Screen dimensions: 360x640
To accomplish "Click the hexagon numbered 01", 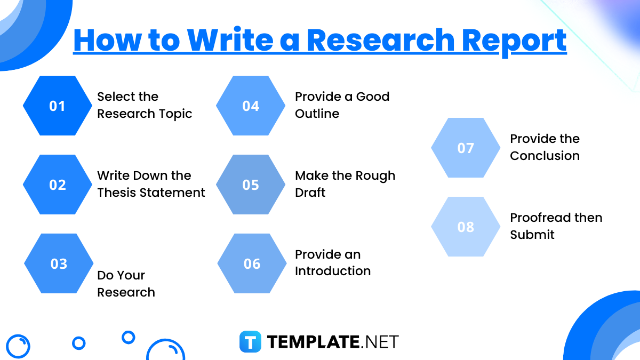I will pyautogui.click(x=58, y=106).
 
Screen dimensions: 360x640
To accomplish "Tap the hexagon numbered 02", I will pyautogui.click(x=58, y=185).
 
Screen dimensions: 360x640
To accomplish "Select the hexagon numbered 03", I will pyautogui.click(x=59, y=263).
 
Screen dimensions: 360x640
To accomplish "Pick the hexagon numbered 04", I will pyautogui.click(x=251, y=106).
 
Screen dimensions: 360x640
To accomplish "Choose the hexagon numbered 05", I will pyautogui.click(x=251, y=185).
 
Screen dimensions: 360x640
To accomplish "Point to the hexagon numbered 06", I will pyautogui.click(x=252, y=263).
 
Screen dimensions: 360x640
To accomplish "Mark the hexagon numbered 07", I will pyautogui.click(x=466, y=148).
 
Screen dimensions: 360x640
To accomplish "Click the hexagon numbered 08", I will pyautogui.click(x=466, y=227).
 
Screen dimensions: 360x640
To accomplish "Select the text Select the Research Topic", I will pyautogui.click(x=144, y=105).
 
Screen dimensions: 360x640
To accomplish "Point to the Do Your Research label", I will pyautogui.click(x=126, y=284).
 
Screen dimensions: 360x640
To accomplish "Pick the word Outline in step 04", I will pyautogui.click(x=317, y=114).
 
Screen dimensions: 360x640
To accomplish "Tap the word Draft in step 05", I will pyautogui.click(x=310, y=193).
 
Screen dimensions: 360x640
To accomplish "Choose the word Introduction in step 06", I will pyautogui.click(x=333, y=271).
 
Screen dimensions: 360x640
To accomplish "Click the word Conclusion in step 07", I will pyautogui.click(x=545, y=156).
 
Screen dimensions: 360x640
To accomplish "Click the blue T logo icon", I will pyautogui.click(x=250, y=341).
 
